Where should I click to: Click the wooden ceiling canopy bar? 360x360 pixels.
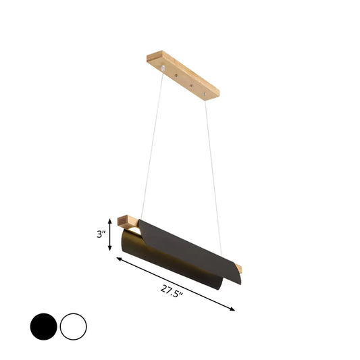tap(182, 74)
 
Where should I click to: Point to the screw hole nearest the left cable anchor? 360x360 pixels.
tap(178, 76)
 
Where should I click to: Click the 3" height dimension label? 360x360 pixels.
tap(101, 234)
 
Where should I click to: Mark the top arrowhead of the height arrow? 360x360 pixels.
tap(110, 219)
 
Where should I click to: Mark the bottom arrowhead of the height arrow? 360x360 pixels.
tap(110, 249)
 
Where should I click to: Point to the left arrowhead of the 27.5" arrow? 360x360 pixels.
tap(119, 259)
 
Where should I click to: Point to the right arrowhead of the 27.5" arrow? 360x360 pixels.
tap(234, 309)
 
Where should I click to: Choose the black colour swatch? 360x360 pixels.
tap(43, 327)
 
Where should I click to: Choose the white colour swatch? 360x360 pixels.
tap(73, 327)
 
